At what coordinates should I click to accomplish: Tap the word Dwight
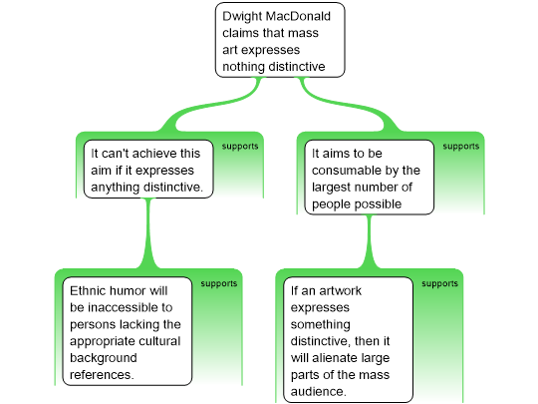242,17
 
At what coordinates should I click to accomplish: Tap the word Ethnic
87,291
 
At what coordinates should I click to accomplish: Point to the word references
102,375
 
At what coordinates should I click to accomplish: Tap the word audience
319,392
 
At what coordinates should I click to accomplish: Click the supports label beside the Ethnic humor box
219,283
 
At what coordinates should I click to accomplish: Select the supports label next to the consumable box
461,147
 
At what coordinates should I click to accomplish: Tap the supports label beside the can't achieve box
240,147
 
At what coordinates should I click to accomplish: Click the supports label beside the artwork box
440,283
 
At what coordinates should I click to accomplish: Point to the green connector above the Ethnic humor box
148,233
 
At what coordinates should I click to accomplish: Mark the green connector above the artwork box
370,241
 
